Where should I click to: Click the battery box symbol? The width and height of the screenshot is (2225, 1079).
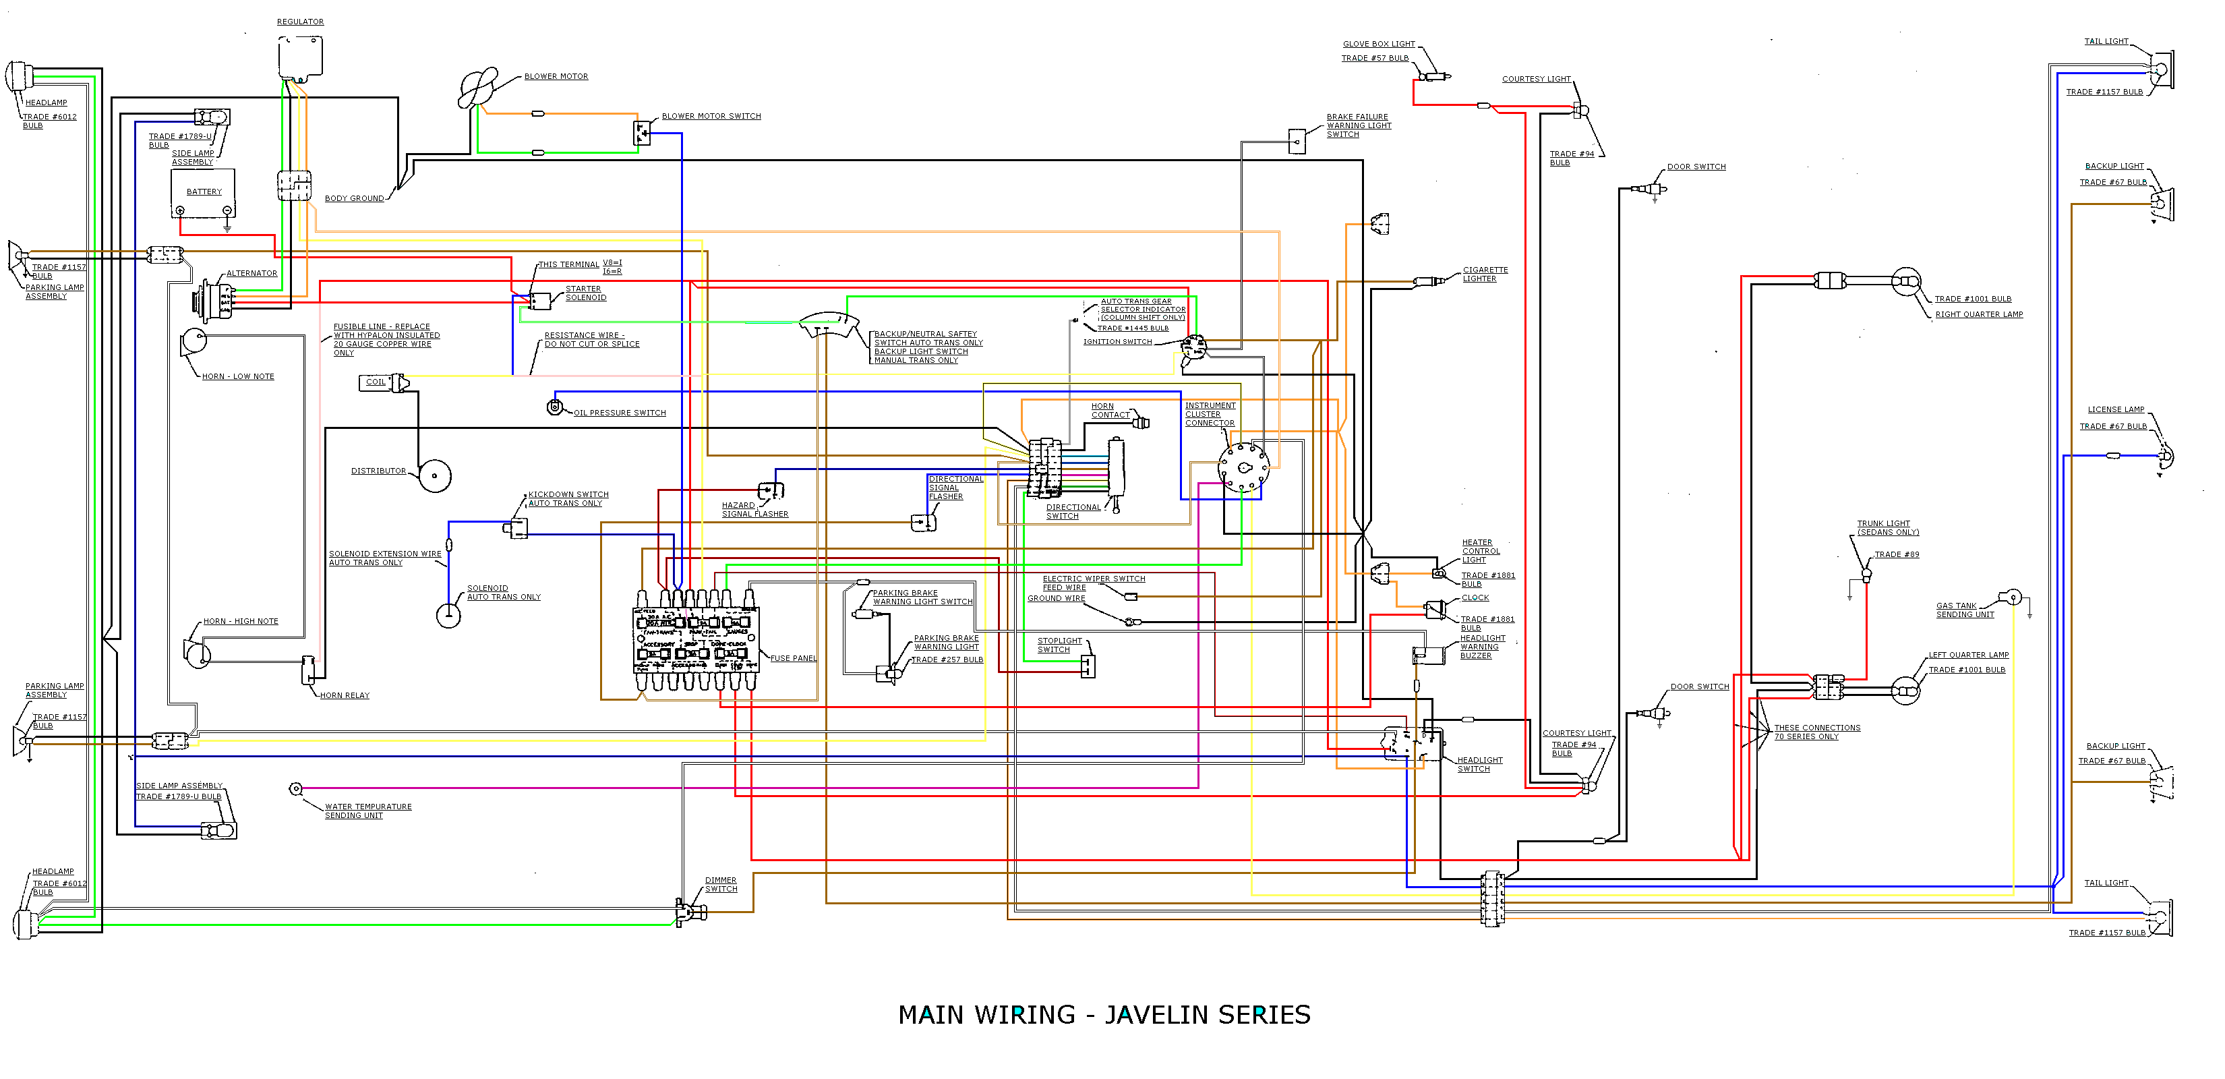[x=204, y=194]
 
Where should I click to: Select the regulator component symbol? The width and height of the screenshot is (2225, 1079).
[x=301, y=57]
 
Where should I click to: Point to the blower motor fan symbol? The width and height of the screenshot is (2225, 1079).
[x=477, y=88]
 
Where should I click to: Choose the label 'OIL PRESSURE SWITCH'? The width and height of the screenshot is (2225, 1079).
[x=620, y=413]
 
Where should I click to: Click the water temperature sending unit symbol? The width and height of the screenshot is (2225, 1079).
[x=295, y=789]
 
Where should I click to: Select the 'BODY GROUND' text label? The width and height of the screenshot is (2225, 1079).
[x=354, y=199]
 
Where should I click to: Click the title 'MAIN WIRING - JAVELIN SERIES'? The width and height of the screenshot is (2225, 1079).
[x=1104, y=1015]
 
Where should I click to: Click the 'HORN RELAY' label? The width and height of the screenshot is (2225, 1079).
[x=345, y=695]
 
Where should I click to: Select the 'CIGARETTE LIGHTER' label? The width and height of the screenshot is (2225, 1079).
[x=1485, y=274]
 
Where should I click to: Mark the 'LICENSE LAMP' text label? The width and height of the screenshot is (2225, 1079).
[x=2115, y=409]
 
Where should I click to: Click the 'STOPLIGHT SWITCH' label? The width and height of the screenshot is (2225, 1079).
[x=1059, y=645]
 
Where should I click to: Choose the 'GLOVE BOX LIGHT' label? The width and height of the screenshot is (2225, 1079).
[x=1379, y=44]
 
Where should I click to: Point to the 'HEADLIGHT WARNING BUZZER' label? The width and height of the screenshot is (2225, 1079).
[x=1482, y=647]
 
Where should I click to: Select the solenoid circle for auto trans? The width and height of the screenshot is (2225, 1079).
[x=448, y=615]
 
